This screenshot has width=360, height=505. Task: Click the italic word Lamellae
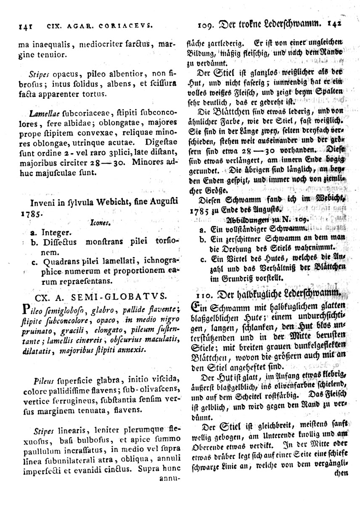point(45,114)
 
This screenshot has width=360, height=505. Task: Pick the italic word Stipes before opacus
point(39,74)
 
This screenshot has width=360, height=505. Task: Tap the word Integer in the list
point(57,232)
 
